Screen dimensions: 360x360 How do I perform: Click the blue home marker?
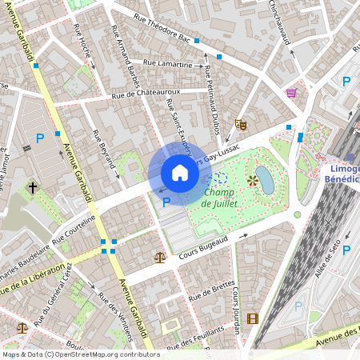(180, 173)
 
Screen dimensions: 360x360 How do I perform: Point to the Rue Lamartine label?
(168, 63)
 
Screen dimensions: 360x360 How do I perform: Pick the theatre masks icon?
(240, 124)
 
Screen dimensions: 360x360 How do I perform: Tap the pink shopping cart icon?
(291, 93)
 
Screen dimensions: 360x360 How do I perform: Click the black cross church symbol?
(33, 188)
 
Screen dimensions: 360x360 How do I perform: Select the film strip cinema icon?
(253, 318)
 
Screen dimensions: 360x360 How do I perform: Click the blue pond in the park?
(266, 181)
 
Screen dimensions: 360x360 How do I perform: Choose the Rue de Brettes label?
(212, 289)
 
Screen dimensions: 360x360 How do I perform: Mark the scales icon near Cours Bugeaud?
(160, 258)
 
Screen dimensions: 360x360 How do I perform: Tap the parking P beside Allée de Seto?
(346, 250)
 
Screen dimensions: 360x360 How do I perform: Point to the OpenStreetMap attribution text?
(81, 354)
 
